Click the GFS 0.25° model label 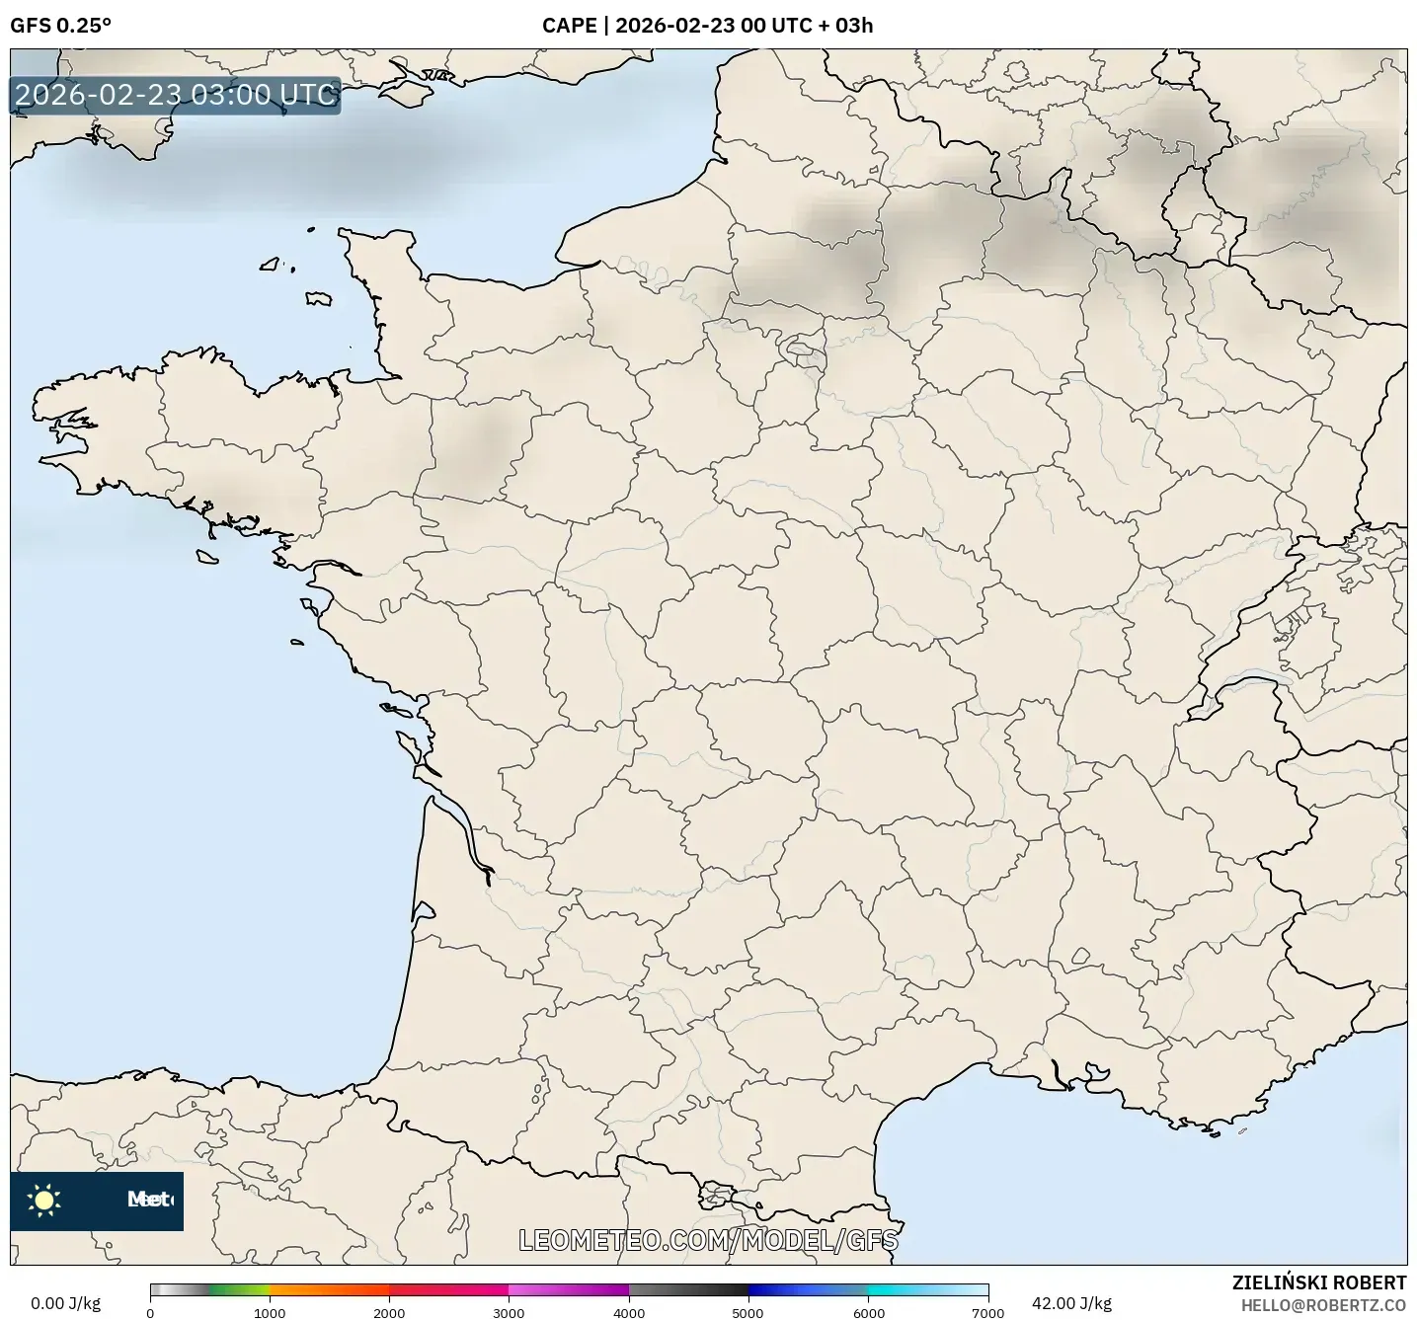[x=60, y=26]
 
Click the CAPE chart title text [x=707, y=26]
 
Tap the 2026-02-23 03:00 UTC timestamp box [x=176, y=95]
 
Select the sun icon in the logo [x=44, y=1200]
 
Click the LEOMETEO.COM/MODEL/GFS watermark [x=708, y=1240]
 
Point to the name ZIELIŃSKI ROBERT [x=1318, y=1282]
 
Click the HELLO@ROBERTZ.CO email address [x=1323, y=1305]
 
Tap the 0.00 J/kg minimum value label [x=65, y=1303]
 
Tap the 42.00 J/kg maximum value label [x=1071, y=1303]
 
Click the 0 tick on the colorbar [x=150, y=1312]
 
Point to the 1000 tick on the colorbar [x=270, y=1312]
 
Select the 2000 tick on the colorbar [x=389, y=1312]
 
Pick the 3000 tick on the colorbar [x=509, y=1312]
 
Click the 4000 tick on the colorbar [x=629, y=1312]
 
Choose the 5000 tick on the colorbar [x=748, y=1312]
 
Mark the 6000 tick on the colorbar [x=868, y=1312]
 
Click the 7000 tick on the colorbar [x=987, y=1312]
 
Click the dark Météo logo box [x=97, y=1201]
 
